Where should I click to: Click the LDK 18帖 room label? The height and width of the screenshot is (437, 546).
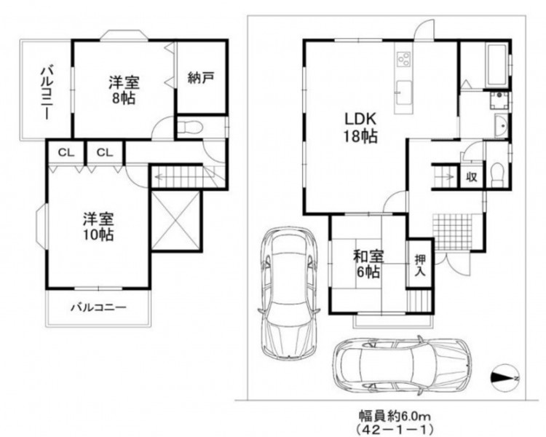360,127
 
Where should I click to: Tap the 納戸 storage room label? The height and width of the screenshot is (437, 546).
200,78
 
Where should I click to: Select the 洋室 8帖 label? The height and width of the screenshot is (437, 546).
124,90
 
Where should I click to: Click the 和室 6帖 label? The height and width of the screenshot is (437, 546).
368,264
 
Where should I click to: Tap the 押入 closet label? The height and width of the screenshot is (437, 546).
420,265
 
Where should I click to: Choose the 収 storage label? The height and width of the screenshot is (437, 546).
472,178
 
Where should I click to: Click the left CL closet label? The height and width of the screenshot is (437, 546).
66,153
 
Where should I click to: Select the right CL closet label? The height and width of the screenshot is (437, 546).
105,153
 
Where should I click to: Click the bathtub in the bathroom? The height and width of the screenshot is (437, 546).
497,65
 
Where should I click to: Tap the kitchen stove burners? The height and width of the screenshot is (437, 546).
403,58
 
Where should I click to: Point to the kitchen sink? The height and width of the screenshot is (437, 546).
403,92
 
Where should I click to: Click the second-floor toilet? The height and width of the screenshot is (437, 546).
189,127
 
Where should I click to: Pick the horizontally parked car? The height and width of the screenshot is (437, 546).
402,366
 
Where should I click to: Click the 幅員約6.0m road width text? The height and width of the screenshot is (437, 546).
395,416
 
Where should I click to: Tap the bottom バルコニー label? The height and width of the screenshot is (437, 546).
98,307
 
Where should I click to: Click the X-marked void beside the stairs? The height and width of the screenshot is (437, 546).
177,221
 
